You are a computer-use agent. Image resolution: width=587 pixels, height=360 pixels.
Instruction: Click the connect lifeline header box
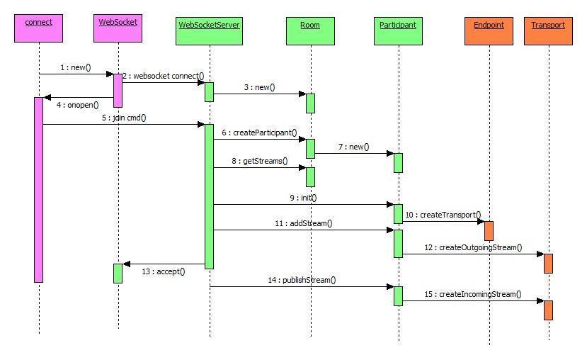pos(39,28)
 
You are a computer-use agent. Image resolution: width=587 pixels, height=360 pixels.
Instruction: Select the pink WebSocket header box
pos(118,28)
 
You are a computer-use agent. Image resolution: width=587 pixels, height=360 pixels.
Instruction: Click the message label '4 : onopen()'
pos(76,105)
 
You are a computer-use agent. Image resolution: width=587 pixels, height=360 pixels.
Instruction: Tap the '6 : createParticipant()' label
pos(259,133)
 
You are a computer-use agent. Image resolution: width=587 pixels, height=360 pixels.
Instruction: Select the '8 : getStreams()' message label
pos(260,161)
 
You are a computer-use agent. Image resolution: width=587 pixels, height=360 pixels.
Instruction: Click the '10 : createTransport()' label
pos(443,215)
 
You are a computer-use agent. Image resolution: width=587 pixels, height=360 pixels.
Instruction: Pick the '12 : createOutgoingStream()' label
pos(473,247)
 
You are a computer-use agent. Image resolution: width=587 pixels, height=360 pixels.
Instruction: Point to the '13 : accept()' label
pos(163,271)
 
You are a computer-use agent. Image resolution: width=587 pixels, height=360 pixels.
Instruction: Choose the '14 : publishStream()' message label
pos(302,280)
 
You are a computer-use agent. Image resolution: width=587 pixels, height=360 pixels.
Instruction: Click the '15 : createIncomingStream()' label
pos(472,294)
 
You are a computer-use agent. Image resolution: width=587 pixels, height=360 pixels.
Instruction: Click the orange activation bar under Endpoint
pos(489,230)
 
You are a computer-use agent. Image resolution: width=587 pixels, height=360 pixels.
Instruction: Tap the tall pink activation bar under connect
pos(39,189)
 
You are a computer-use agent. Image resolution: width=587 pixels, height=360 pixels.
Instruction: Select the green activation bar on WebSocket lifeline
pos(118,273)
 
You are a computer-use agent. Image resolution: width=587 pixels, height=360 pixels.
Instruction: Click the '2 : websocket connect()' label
pos(163,76)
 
